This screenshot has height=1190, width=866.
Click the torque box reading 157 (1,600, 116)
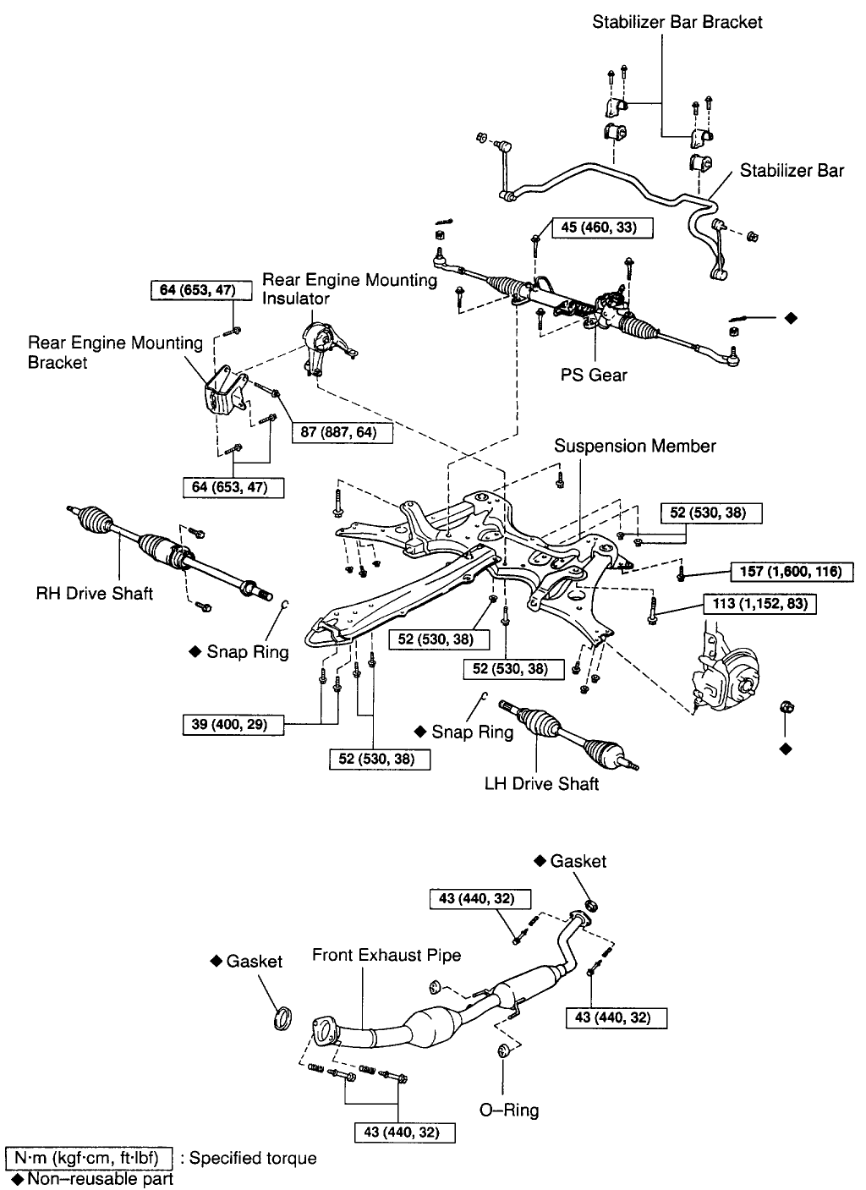point(792,572)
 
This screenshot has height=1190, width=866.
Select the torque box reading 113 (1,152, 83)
point(759,605)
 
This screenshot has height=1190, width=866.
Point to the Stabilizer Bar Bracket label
point(677,23)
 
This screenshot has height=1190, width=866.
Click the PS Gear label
point(594,375)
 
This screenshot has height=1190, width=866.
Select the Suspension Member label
point(634,446)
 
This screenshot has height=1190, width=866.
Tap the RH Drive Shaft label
point(95,593)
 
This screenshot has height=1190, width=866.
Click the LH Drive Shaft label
point(541,784)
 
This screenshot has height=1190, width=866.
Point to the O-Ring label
point(508,1110)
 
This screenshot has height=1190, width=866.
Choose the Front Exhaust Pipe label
point(386,955)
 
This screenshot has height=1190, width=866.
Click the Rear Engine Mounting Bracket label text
point(115,353)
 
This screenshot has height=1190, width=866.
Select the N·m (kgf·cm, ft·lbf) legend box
point(88,1158)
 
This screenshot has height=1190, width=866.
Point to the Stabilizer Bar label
point(792,171)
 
